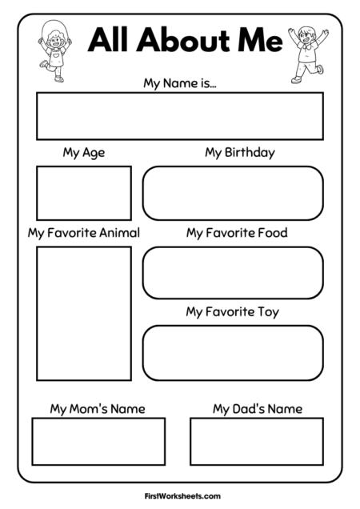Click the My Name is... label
[x=179, y=82]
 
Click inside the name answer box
[x=179, y=116]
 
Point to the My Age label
[x=83, y=152]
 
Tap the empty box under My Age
[x=83, y=193]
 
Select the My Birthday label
[x=239, y=152]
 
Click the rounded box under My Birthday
[x=233, y=193]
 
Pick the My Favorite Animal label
[x=83, y=233]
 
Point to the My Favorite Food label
[x=237, y=233]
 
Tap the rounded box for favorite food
[x=233, y=273]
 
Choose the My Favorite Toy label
[x=232, y=311]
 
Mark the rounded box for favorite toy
[x=233, y=352]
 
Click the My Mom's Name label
[x=98, y=409]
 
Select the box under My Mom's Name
[x=98, y=441]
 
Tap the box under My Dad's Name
[x=257, y=441]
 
